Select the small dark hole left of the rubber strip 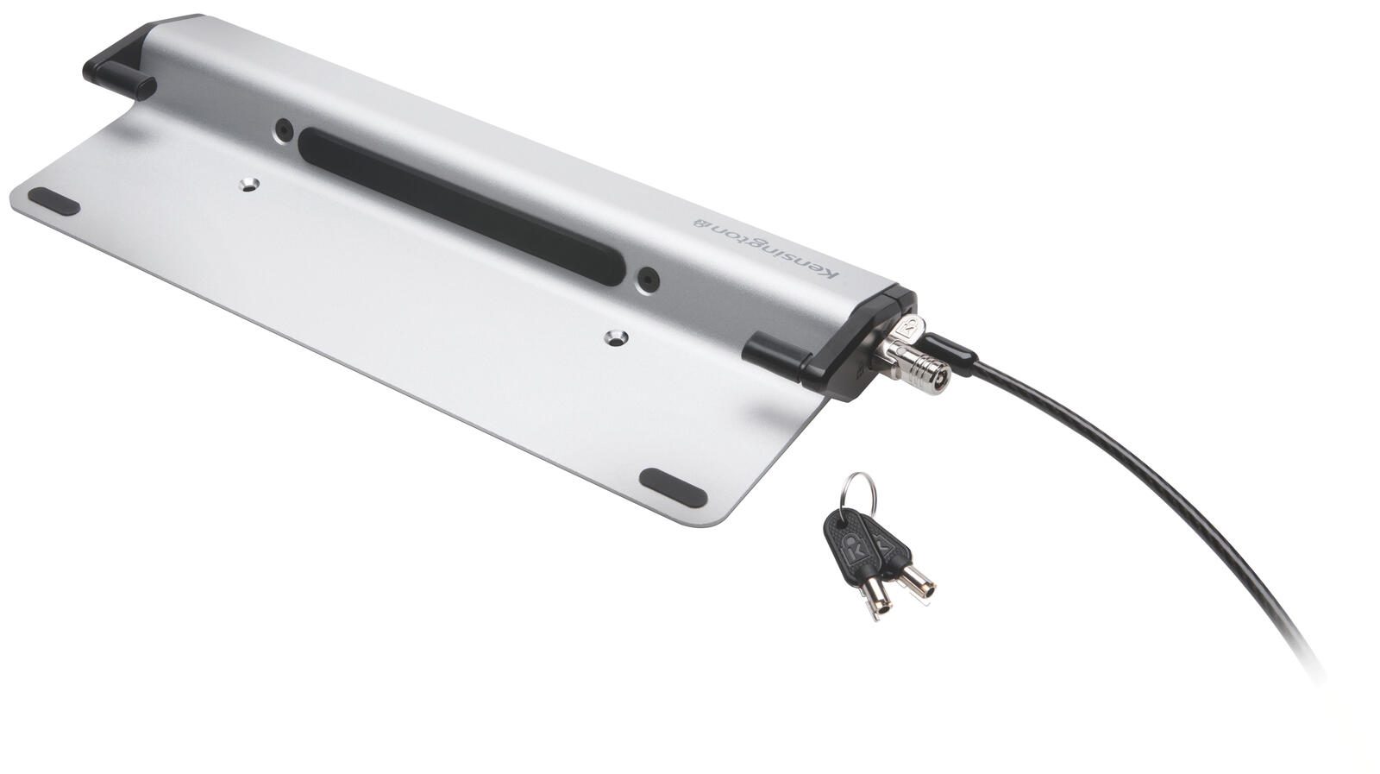click(x=284, y=130)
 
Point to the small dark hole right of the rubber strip click(x=648, y=280)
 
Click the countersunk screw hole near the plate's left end click(x=248, y=185)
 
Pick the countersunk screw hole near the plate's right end click(x=616, y=337)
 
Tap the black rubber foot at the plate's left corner click(x=53, y=202)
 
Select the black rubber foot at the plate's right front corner click(x=673, y=488)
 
